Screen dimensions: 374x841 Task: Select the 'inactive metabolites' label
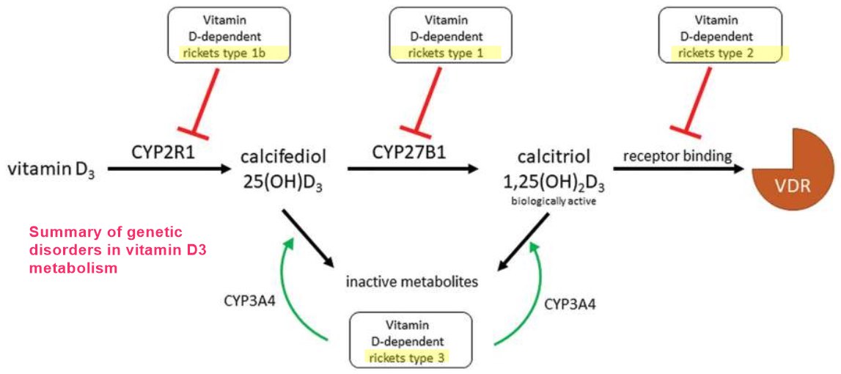(x=412, y=280)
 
